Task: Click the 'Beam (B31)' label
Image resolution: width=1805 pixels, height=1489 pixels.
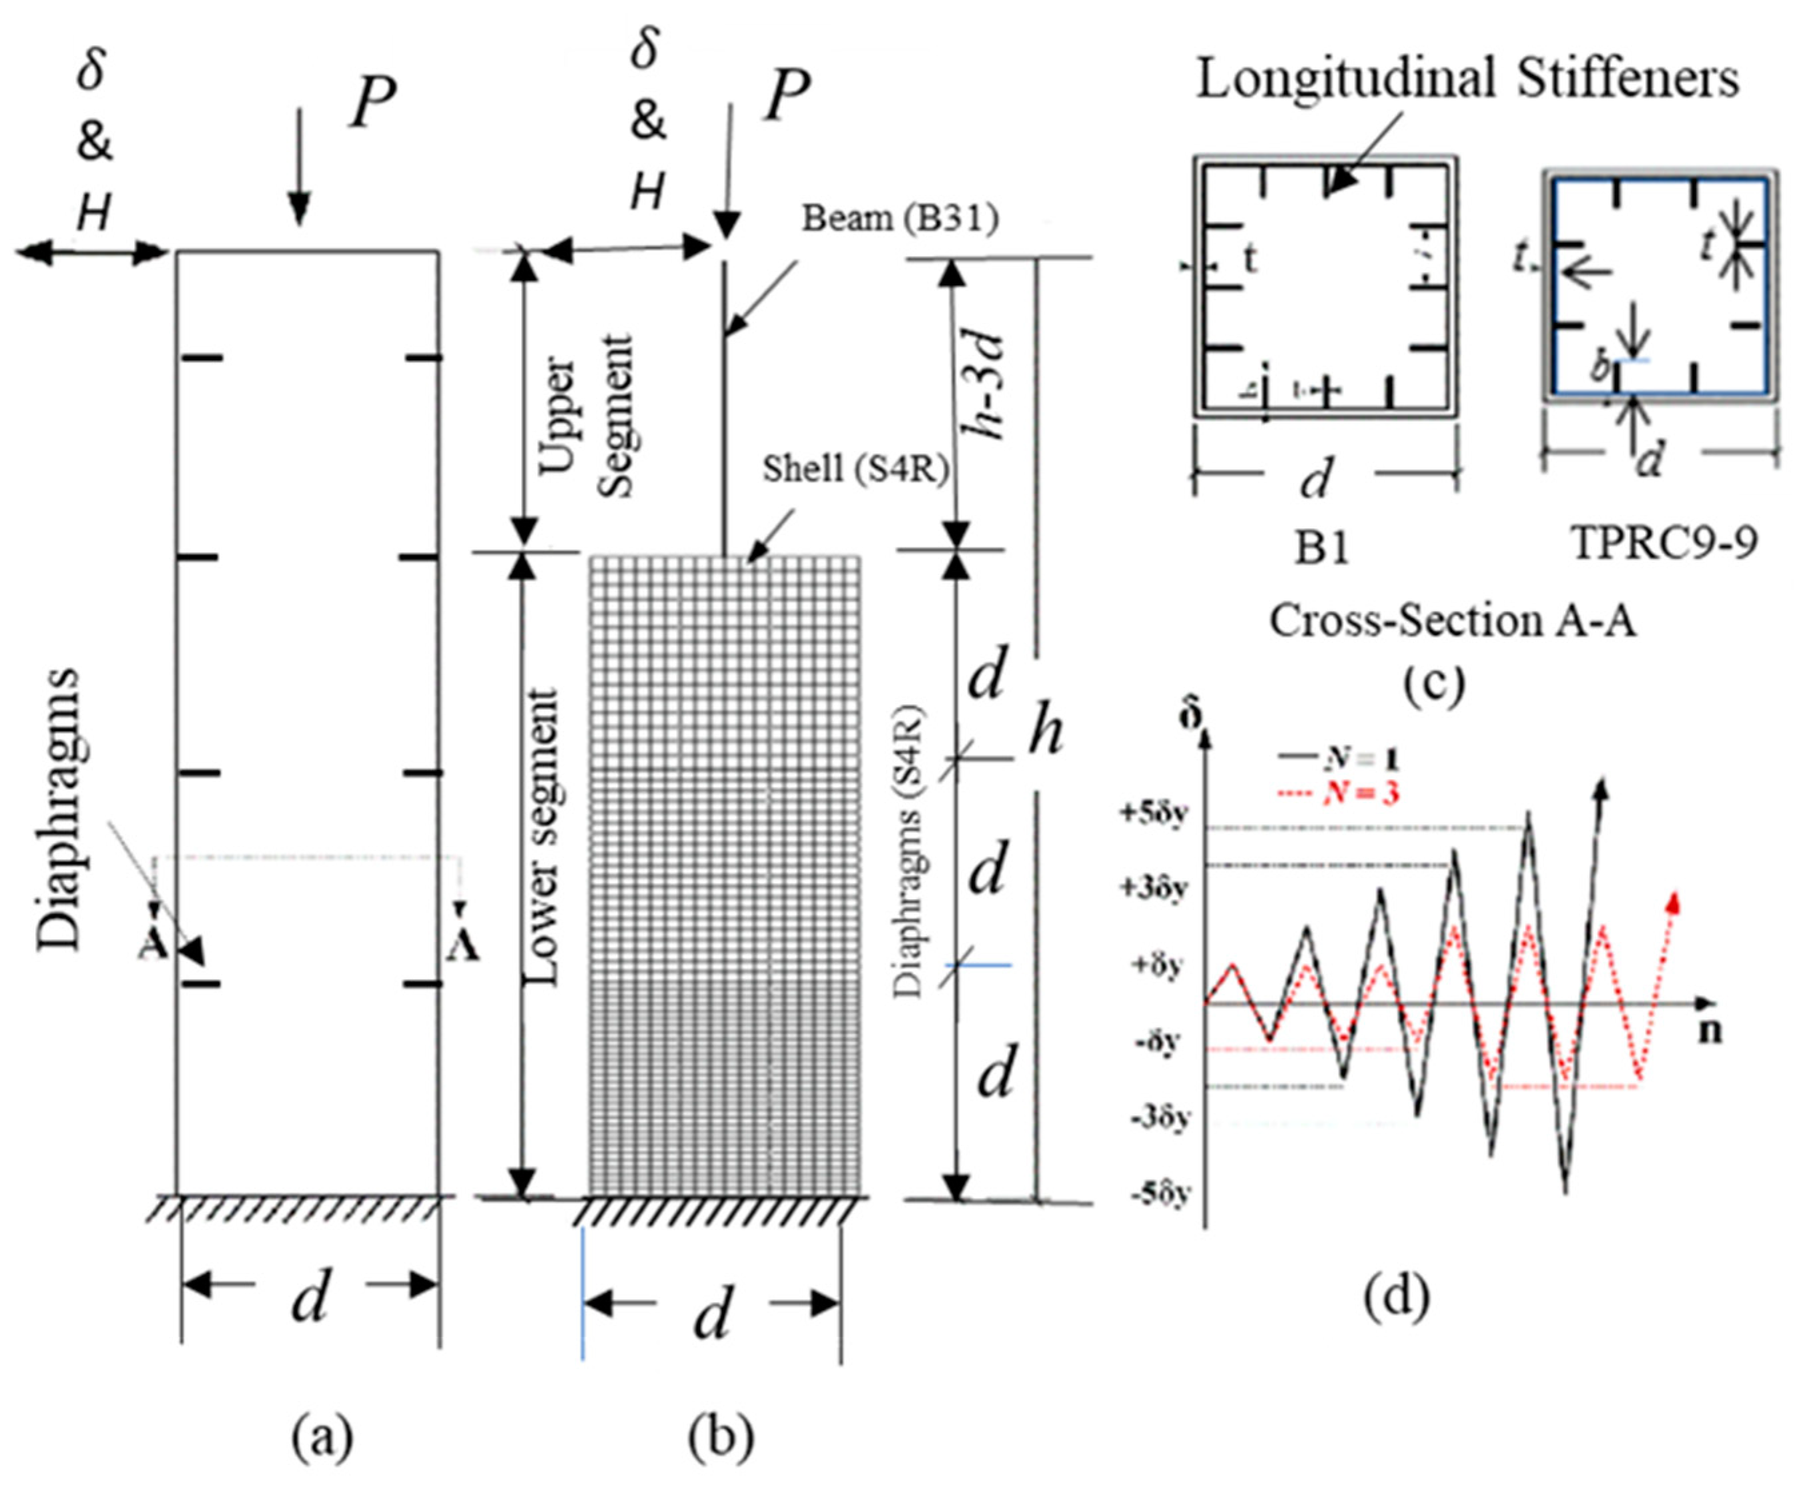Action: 900,219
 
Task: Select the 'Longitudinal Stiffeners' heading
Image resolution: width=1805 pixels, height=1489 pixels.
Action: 1467,80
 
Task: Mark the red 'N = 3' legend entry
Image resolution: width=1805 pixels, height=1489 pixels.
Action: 1351,793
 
